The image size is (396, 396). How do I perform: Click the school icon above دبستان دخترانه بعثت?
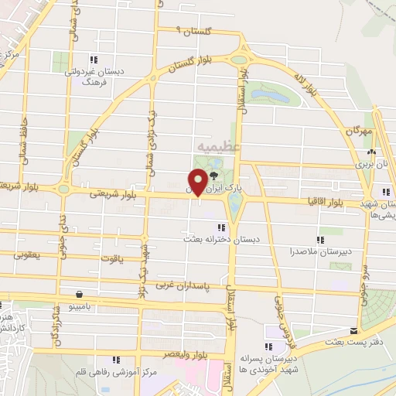coord(222,227)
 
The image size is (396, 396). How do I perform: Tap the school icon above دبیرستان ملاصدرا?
coord(321,240)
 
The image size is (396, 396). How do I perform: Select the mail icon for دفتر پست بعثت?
coord(355,330)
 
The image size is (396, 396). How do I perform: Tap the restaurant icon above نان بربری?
coord(373,152)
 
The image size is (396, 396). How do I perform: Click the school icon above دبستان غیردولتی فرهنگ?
coord(94,60)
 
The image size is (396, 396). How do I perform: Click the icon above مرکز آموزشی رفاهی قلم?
coord(116,360)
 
